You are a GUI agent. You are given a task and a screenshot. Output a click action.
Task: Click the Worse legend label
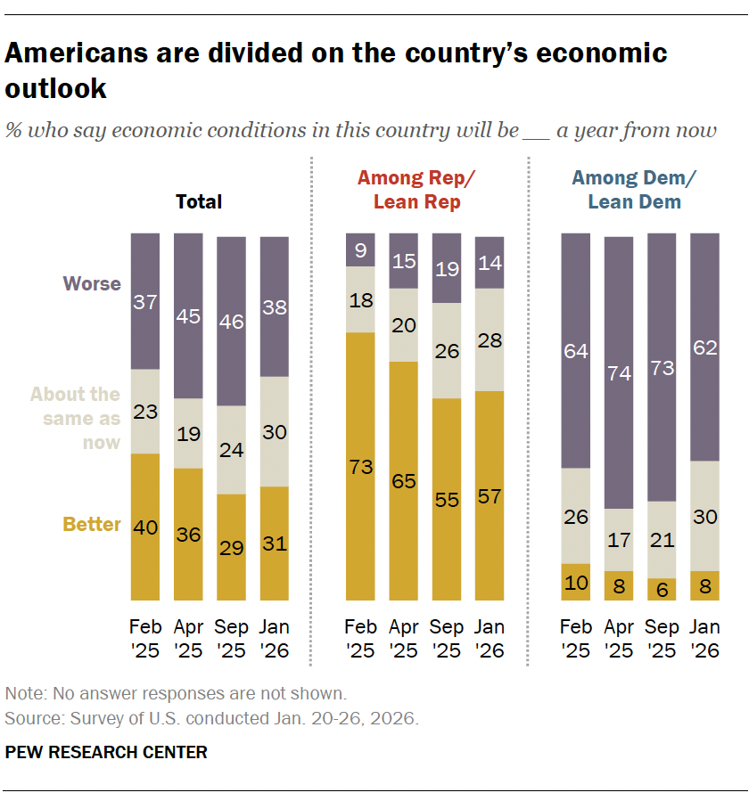point(91,284)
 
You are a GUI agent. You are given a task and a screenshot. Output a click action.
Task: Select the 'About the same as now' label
point(75,418)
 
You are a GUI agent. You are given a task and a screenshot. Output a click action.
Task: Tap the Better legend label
point(92,524)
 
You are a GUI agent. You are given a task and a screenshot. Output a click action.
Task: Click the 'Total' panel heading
point(199,202)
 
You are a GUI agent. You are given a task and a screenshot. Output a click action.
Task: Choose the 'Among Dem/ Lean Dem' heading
point(634,190)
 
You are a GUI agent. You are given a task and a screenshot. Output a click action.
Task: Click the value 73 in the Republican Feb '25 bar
point(360,466)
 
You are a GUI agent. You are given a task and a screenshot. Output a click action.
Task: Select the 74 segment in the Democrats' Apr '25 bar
point(619,372)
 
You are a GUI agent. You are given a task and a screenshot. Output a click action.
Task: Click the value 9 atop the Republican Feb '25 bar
point(360,250)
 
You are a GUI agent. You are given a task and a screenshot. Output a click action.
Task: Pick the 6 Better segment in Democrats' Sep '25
point(662,589)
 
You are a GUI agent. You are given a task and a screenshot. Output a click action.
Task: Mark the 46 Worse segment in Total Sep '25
point(231,321)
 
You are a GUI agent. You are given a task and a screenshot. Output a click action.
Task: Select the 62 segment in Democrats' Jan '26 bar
point(704,347)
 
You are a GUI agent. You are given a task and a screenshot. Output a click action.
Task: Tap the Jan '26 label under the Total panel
point(275,638)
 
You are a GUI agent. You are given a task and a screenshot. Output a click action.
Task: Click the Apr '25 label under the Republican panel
point(403,638)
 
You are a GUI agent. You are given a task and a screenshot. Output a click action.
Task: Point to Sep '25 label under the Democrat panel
point(662,638)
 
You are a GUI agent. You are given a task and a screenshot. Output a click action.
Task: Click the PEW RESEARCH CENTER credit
point(106,752)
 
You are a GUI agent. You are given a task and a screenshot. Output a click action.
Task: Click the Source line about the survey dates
point(211,717)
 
